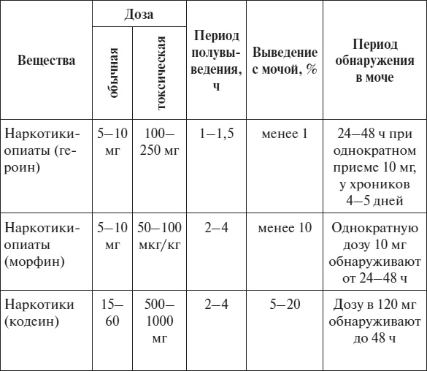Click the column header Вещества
[x=46, y=61]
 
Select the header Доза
[x=138, y=15]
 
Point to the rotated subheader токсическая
[x=161, y=73]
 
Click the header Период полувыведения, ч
[x=215, y=61]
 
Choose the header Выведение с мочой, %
[x=285, y=61]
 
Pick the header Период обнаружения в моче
[x=374, y=61]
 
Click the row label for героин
[x=42, y=150]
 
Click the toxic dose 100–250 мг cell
[x=161, y=142]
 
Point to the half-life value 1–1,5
[x=215, y=134]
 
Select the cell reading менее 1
[x=285, y=134]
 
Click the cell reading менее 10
[x=285, y=227]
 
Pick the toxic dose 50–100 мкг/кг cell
[x=161, y=234]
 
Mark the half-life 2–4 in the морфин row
[x=215, y=227]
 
